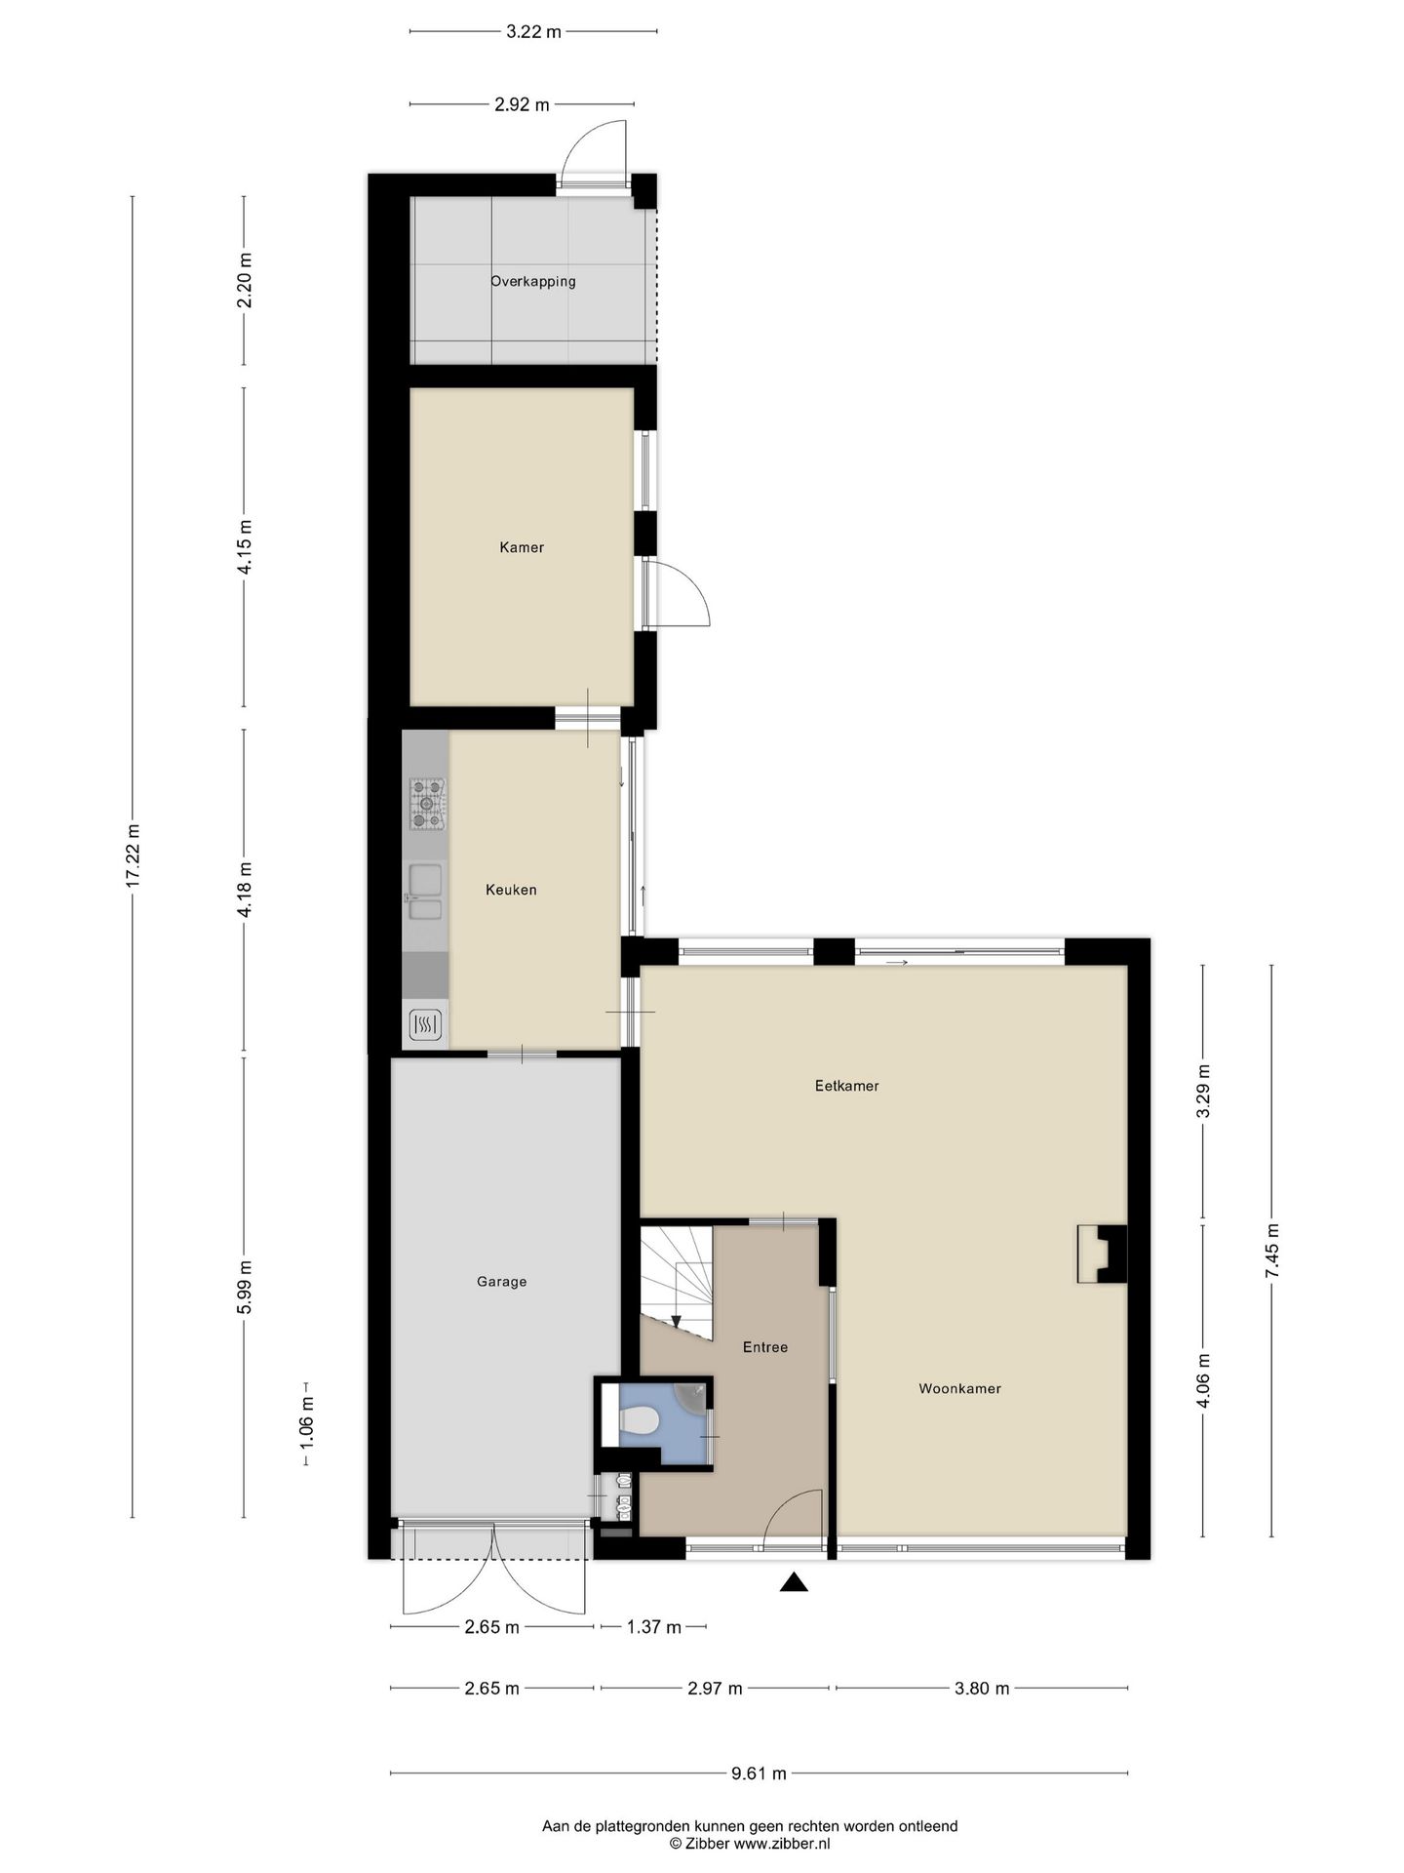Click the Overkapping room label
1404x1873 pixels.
[x=532, y=281]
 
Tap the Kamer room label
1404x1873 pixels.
[x=522, y=547]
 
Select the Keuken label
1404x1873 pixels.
[x=511, y=890]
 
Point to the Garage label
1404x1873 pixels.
[x=501, y=1282]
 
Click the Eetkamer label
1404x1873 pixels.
[x=847, y=1086]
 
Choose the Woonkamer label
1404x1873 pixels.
[x=959, y=1389]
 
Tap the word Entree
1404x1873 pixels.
[x=765, y=1347]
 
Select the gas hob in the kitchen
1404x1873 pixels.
[x=427, y=804]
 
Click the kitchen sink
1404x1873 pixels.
[x=425, y=893]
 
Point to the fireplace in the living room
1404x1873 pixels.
[x=1102, y=1254]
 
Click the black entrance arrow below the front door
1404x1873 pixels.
[x=795, y=1582]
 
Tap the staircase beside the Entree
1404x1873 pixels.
[x=677, y=1280]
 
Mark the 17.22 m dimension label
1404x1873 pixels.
[x=133, y=857]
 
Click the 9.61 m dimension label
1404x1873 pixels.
[x=759, y=1773]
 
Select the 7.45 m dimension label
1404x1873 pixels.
[x=1271, y=1251]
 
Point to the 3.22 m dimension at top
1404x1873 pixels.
[x=533, y=31]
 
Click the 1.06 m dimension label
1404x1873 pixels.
[x=306, y=1424]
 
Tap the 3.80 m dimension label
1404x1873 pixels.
[x=982, y=1689]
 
